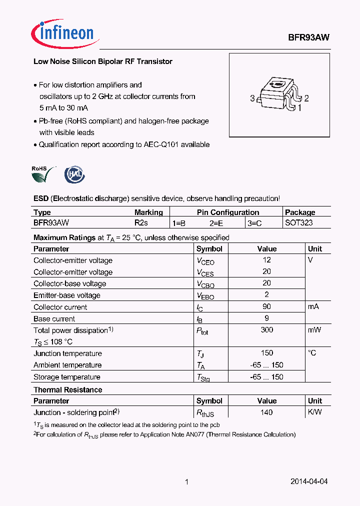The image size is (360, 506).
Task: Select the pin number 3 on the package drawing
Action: pos(252,98)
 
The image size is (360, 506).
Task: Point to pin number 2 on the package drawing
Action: pos(306,98)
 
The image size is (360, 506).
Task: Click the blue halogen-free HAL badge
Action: pos(74,175)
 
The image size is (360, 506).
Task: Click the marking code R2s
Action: pos(141,223)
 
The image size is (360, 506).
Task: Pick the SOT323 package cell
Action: pos(298,223)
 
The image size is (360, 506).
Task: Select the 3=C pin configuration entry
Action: pos(254,223)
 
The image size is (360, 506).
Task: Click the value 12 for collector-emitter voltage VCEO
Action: pos(266,260)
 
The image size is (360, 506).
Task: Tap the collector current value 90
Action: pos(266,307)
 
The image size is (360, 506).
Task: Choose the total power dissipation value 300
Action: pos(266,330)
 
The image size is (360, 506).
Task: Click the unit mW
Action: pos(314,330)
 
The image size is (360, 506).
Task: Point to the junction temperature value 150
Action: pos(266,353)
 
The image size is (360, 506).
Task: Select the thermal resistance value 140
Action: pos(266,412)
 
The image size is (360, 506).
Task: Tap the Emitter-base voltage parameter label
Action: pos(67,295)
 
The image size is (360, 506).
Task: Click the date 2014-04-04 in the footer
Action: pos(309,482)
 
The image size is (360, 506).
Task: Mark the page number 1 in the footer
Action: pos(186,482)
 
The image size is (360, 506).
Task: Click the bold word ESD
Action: pos(41,198)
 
